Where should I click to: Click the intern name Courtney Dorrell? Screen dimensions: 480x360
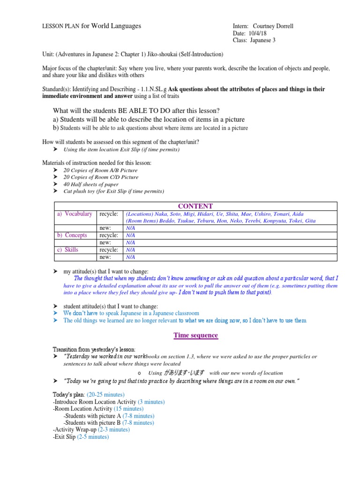[x=273, y=26]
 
